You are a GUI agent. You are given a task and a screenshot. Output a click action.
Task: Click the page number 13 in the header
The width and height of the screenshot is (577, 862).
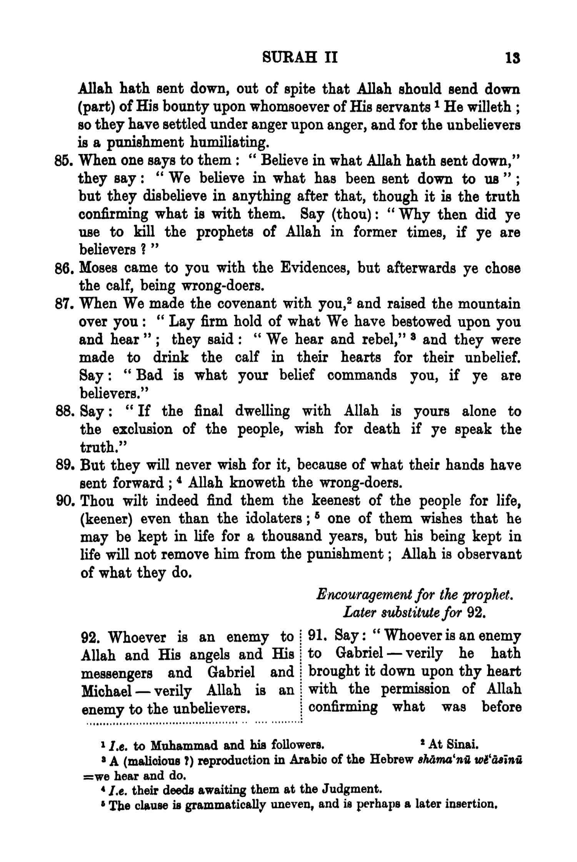point(513,58)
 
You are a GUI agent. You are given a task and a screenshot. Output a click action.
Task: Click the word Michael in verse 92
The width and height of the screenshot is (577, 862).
point(105,691)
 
